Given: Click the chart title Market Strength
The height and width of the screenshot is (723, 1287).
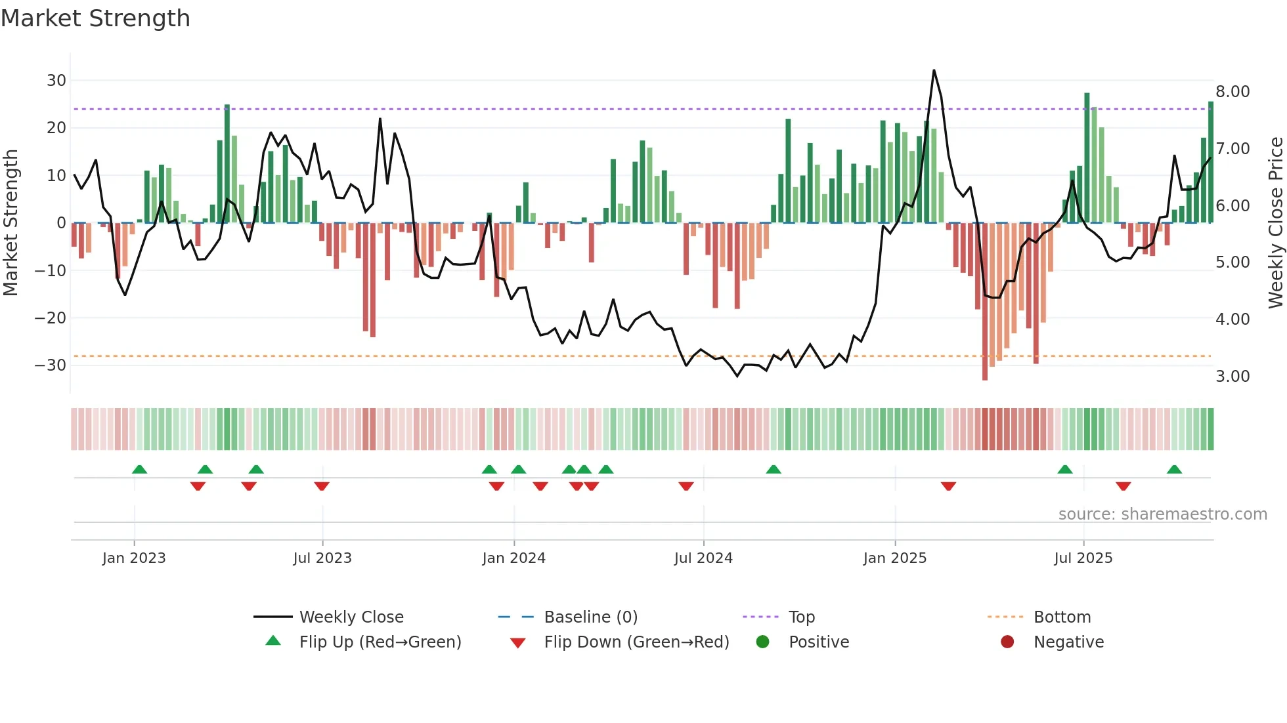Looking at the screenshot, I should tap(95, 18).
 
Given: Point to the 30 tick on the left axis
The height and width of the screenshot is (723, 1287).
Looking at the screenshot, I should tap(56, 81).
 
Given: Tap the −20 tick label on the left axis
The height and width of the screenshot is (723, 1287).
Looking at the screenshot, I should tap(51, 318).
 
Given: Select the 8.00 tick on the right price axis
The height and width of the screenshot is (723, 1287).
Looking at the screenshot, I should tap(1232, 92).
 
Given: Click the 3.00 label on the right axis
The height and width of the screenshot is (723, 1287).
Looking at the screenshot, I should tap(1232, 377).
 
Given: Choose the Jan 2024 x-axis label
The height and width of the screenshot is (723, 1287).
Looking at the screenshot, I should tap(513, 558).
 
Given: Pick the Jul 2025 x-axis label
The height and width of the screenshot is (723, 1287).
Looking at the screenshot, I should tap(1083, 558).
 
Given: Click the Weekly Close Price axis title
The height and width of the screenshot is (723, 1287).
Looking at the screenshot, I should tap(1275, 223).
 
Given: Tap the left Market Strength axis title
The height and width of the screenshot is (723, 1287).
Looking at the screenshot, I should tap(11, 223).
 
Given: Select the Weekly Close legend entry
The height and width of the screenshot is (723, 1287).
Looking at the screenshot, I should tap(351, 617).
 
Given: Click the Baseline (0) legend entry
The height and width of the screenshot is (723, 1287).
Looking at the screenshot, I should tap(590, 617).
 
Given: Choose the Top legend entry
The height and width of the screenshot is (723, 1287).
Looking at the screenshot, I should tap(801, 617).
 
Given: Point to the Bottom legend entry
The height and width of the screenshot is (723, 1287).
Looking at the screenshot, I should tap(1062, 617).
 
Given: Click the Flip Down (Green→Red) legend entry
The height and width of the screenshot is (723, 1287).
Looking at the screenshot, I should tap(636, 642).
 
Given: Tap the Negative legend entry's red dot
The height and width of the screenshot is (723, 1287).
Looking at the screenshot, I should tap(1007, 642).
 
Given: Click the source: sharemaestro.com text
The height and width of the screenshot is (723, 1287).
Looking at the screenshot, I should tap(1162, 514).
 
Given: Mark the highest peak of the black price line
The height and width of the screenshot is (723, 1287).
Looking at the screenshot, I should tap(934, 70).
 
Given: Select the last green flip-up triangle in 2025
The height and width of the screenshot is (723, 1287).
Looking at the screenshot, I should tap(1174, 469).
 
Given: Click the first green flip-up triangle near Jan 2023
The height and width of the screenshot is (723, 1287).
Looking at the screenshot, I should tap(139, 469).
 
